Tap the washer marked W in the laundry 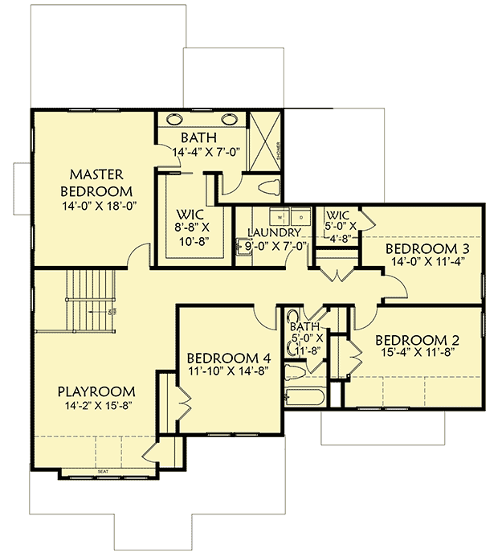280,216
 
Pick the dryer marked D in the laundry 300,216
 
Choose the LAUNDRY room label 275,233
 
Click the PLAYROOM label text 96,391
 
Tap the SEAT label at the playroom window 102,472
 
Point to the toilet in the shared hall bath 295,372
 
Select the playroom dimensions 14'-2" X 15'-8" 96,405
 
